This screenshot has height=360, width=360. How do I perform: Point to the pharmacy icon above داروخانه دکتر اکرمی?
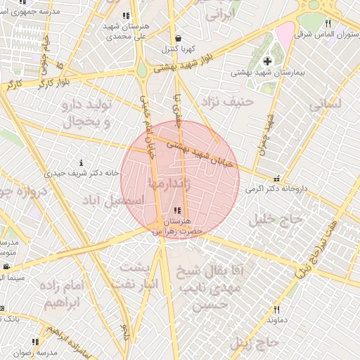point(276,179)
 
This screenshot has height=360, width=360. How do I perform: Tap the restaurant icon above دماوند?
point(276,309)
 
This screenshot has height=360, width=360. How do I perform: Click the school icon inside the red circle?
point(176,210)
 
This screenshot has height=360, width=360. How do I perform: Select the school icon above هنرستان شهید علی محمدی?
point(126,15)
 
